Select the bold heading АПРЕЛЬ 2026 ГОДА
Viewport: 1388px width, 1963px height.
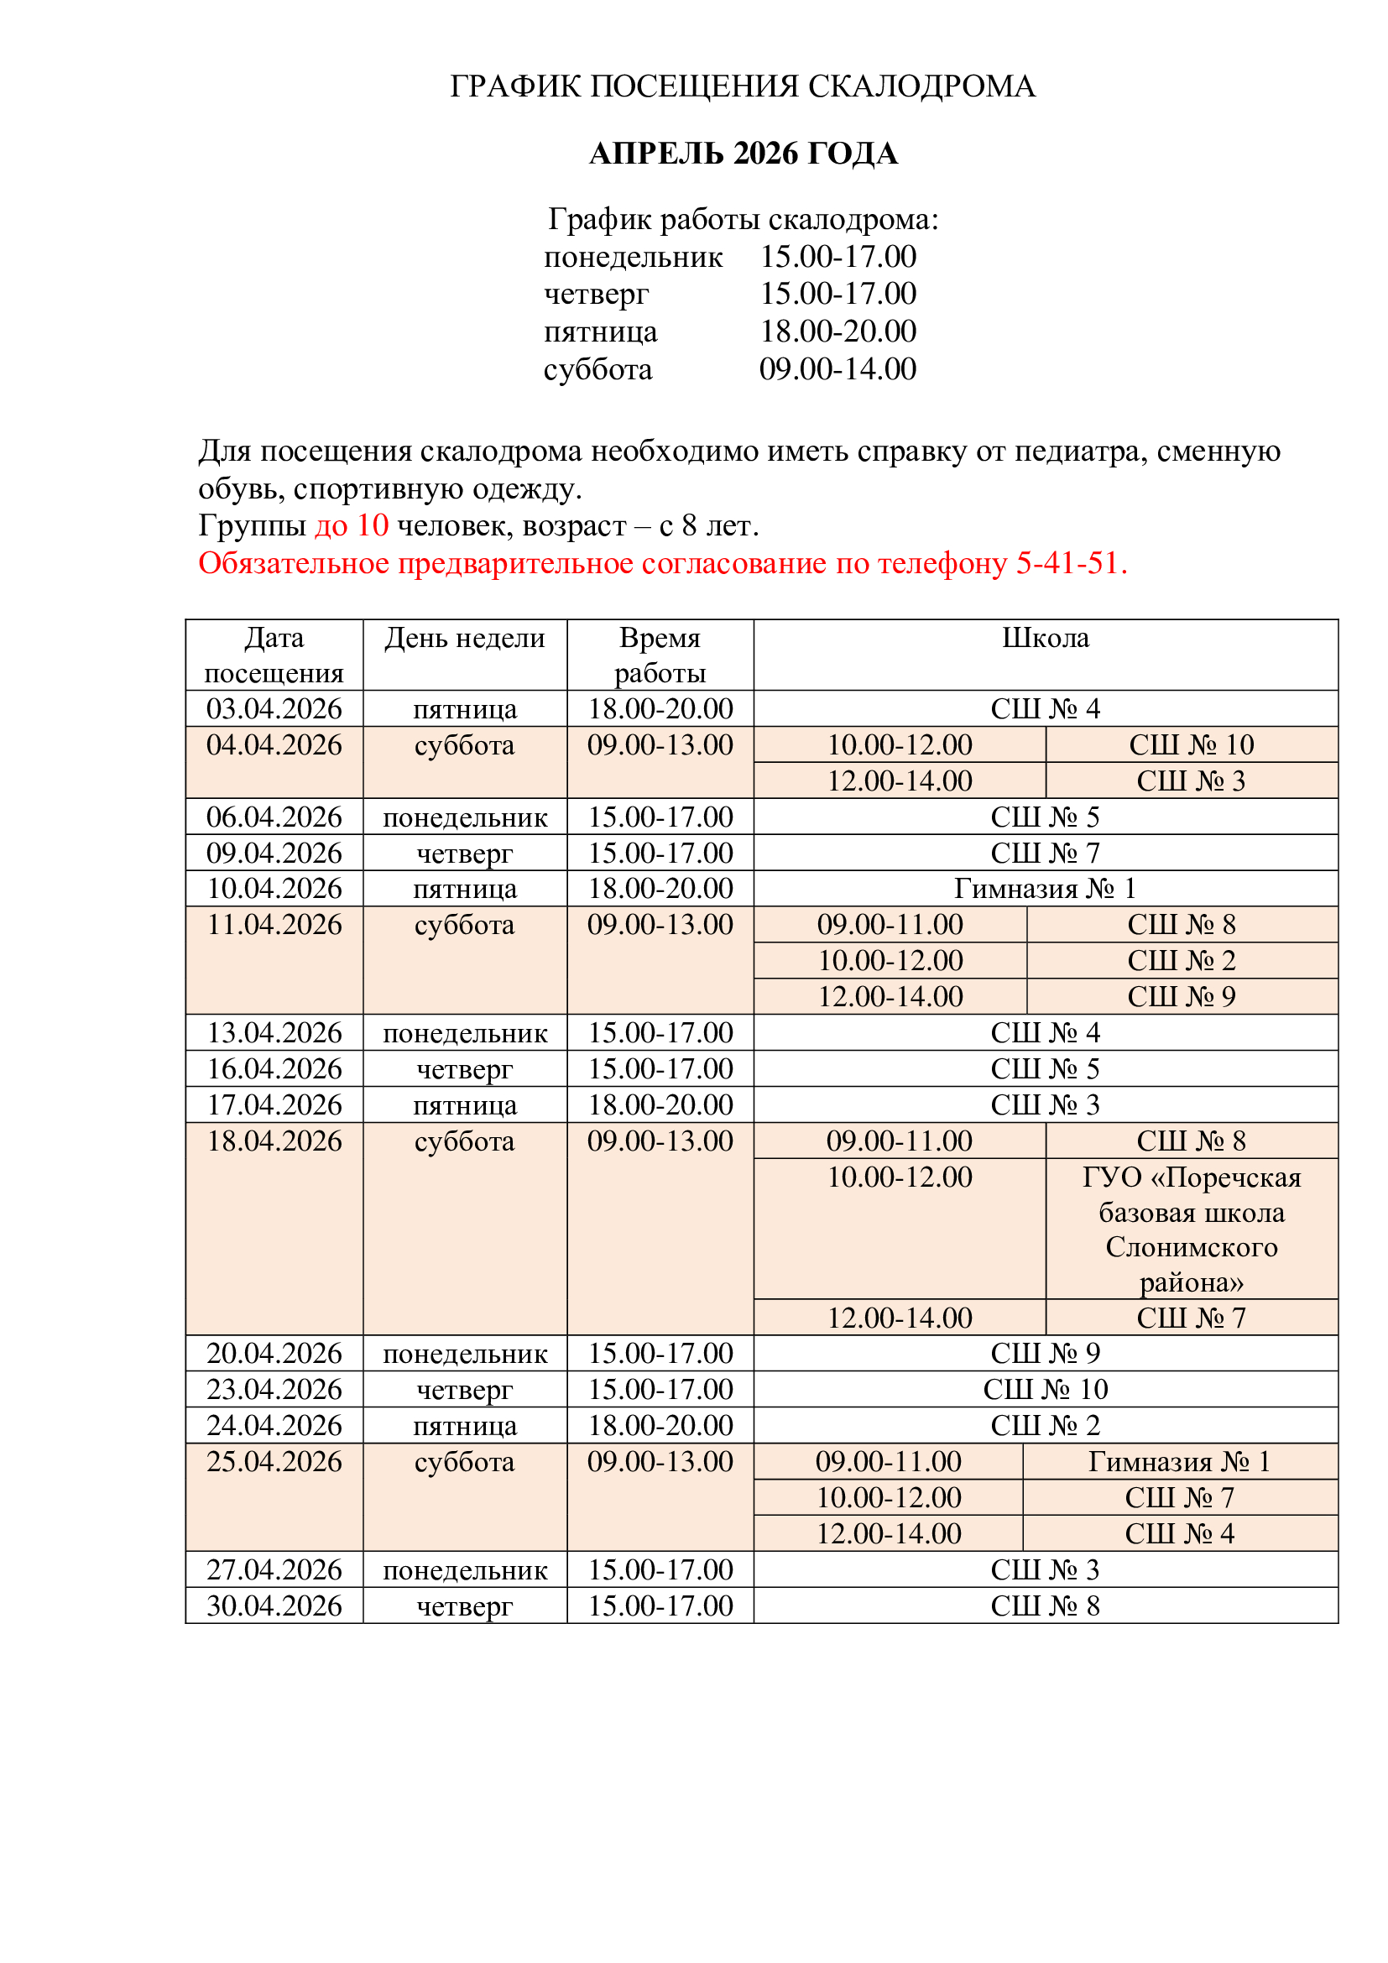coord(743,154)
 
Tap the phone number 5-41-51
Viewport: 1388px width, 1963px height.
coord(1070,563)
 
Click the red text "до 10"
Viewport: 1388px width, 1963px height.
coord(352,525)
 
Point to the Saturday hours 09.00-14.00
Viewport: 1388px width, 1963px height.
coord(837,369)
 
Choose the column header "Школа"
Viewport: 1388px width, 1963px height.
coord(1046,639)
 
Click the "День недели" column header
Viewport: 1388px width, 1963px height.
coord(464,639)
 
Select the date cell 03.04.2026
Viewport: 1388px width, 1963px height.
coord(274,709)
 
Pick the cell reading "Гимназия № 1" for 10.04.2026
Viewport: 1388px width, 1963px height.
coord(1046,888)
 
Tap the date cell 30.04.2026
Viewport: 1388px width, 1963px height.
coord(274,1605)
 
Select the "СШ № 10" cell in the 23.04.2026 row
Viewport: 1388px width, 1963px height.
coord(1046,1389)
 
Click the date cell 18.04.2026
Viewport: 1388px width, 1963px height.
coord(274,1141)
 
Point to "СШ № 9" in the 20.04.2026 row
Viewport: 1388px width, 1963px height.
coord(1046,1354)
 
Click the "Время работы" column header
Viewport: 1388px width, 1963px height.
coord(660,655)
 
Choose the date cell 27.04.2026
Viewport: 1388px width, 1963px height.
coord(274,1569)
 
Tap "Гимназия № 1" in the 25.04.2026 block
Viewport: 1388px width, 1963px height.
coord(1179,1462)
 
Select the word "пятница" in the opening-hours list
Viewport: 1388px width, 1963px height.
coord(601,332)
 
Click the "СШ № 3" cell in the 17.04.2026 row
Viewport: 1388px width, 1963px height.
coord(1046,1104)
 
